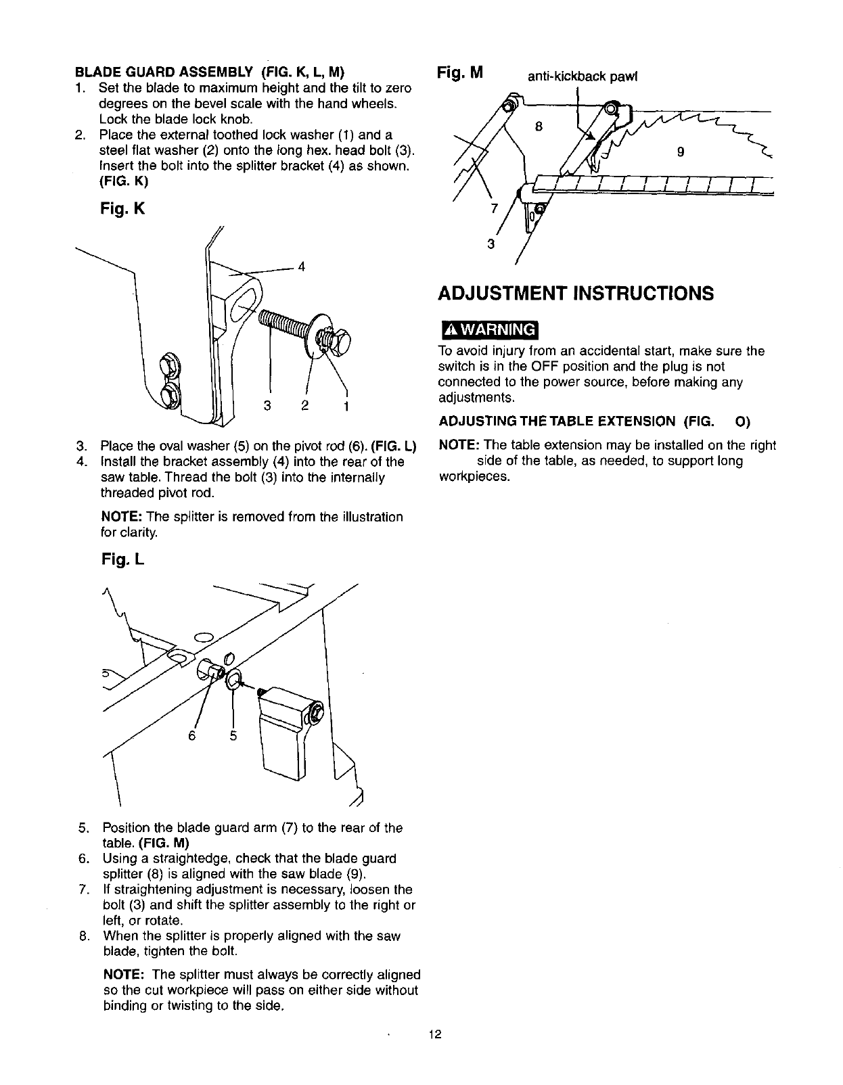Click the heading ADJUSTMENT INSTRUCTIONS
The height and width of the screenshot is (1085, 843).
576,294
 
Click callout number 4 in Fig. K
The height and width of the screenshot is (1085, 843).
302,267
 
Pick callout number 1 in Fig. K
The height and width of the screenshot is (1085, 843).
346,407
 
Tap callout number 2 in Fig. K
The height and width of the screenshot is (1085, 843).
305,407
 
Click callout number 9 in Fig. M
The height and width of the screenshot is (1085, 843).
681,153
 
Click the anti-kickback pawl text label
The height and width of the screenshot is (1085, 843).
583,76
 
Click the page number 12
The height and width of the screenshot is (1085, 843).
434,1034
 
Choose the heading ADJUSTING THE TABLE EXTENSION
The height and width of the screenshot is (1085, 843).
557,421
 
